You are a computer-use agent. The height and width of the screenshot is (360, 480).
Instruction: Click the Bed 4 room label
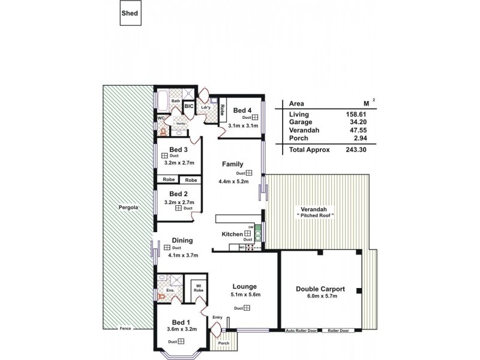[x=242, y=110]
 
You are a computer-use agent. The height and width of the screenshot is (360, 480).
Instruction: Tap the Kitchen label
[x=231, y=233]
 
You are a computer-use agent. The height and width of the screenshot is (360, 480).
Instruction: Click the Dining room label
[x=182, y=241]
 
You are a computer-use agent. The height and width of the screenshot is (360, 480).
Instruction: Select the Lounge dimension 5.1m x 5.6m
[x=244, y=295]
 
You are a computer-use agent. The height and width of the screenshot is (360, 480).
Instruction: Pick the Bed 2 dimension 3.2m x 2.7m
[x=178, y=203]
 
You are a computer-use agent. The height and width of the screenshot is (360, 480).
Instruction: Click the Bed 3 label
[x=179, y=149]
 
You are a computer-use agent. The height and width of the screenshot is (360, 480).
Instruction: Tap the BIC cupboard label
[x=188, y=106]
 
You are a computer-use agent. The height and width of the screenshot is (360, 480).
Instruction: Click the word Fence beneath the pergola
[x=125, y=329]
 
